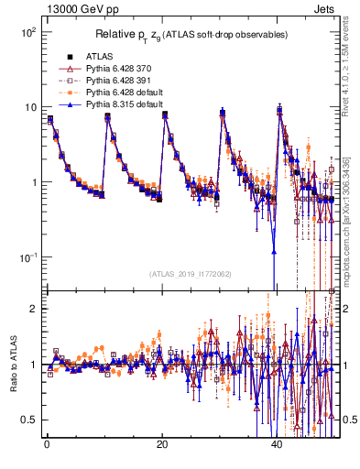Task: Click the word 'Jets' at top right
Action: [x=327, y=7]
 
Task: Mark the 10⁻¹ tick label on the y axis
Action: [x=27, y=257]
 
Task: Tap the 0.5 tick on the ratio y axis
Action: [x=29, y=420]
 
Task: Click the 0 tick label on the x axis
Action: [x=47, y=442]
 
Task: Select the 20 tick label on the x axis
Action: [x=162, y=442]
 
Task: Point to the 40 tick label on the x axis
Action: [x=278, y=442]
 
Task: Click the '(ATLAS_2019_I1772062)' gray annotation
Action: [x=191, y=274]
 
